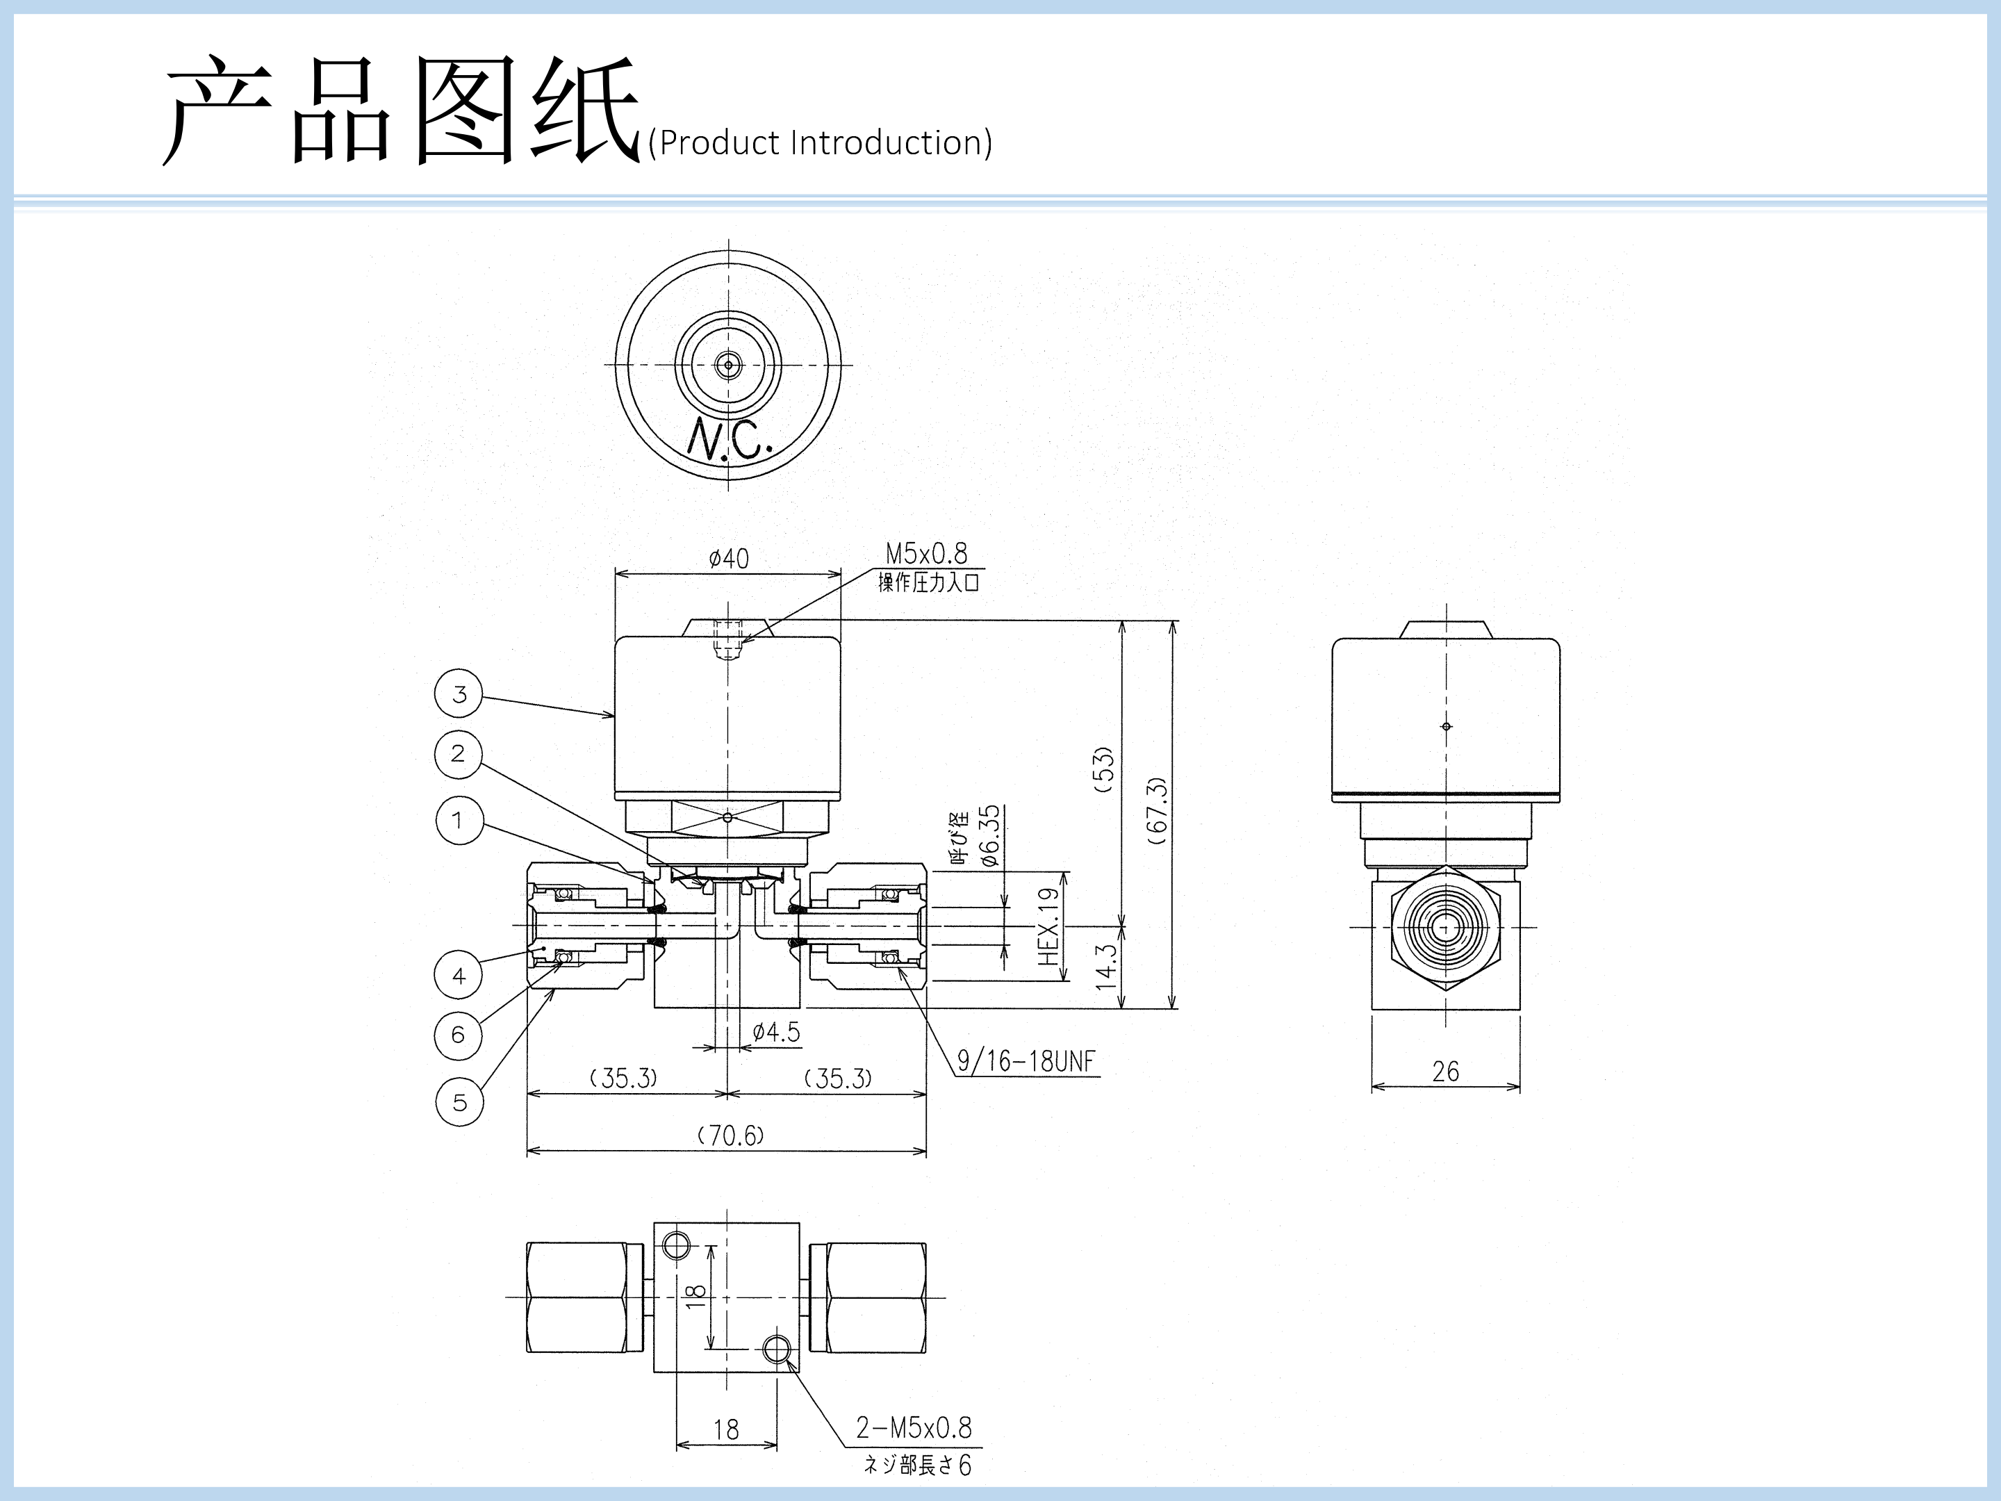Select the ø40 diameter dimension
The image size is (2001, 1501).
[x=728, y=558]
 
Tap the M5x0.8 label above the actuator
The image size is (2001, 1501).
[x=925, y=553]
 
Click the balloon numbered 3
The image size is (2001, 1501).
[x=459, y=694]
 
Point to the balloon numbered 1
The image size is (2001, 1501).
[x=459, y=821]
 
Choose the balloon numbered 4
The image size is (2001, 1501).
[x=459, y=976]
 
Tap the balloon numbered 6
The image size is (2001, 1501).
[x=459, y=1035]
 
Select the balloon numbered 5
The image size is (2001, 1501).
[x=459, y=1102]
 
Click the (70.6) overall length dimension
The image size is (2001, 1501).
[x=730, y=1135]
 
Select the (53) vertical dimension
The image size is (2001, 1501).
[x=1103, y=770]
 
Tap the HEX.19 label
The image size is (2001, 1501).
[x=1048, y=926]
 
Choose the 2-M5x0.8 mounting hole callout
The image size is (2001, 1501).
[x=914, y=1428]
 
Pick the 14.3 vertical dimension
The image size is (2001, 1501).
[x=1105, y=967]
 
